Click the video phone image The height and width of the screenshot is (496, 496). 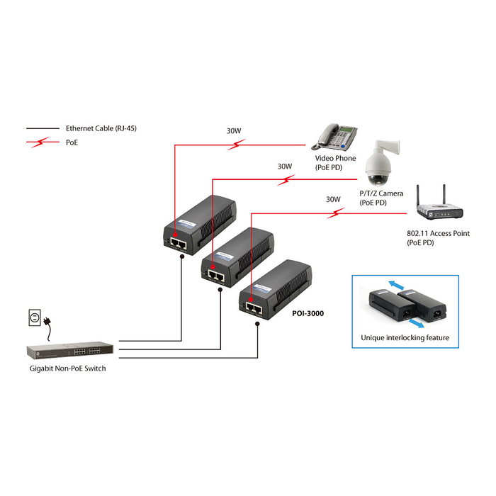pos(336,135)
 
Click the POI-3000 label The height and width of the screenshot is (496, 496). pos(308,312)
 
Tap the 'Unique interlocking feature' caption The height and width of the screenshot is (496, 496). pos(405,337)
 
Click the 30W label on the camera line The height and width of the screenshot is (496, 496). pos(284,167)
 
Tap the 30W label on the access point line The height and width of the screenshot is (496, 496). pos(333,199)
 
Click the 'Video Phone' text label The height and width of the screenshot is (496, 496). pos(335,158)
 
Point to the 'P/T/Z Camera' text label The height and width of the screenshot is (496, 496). pos(381,193)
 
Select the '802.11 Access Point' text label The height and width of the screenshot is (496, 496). pos(438,233)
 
